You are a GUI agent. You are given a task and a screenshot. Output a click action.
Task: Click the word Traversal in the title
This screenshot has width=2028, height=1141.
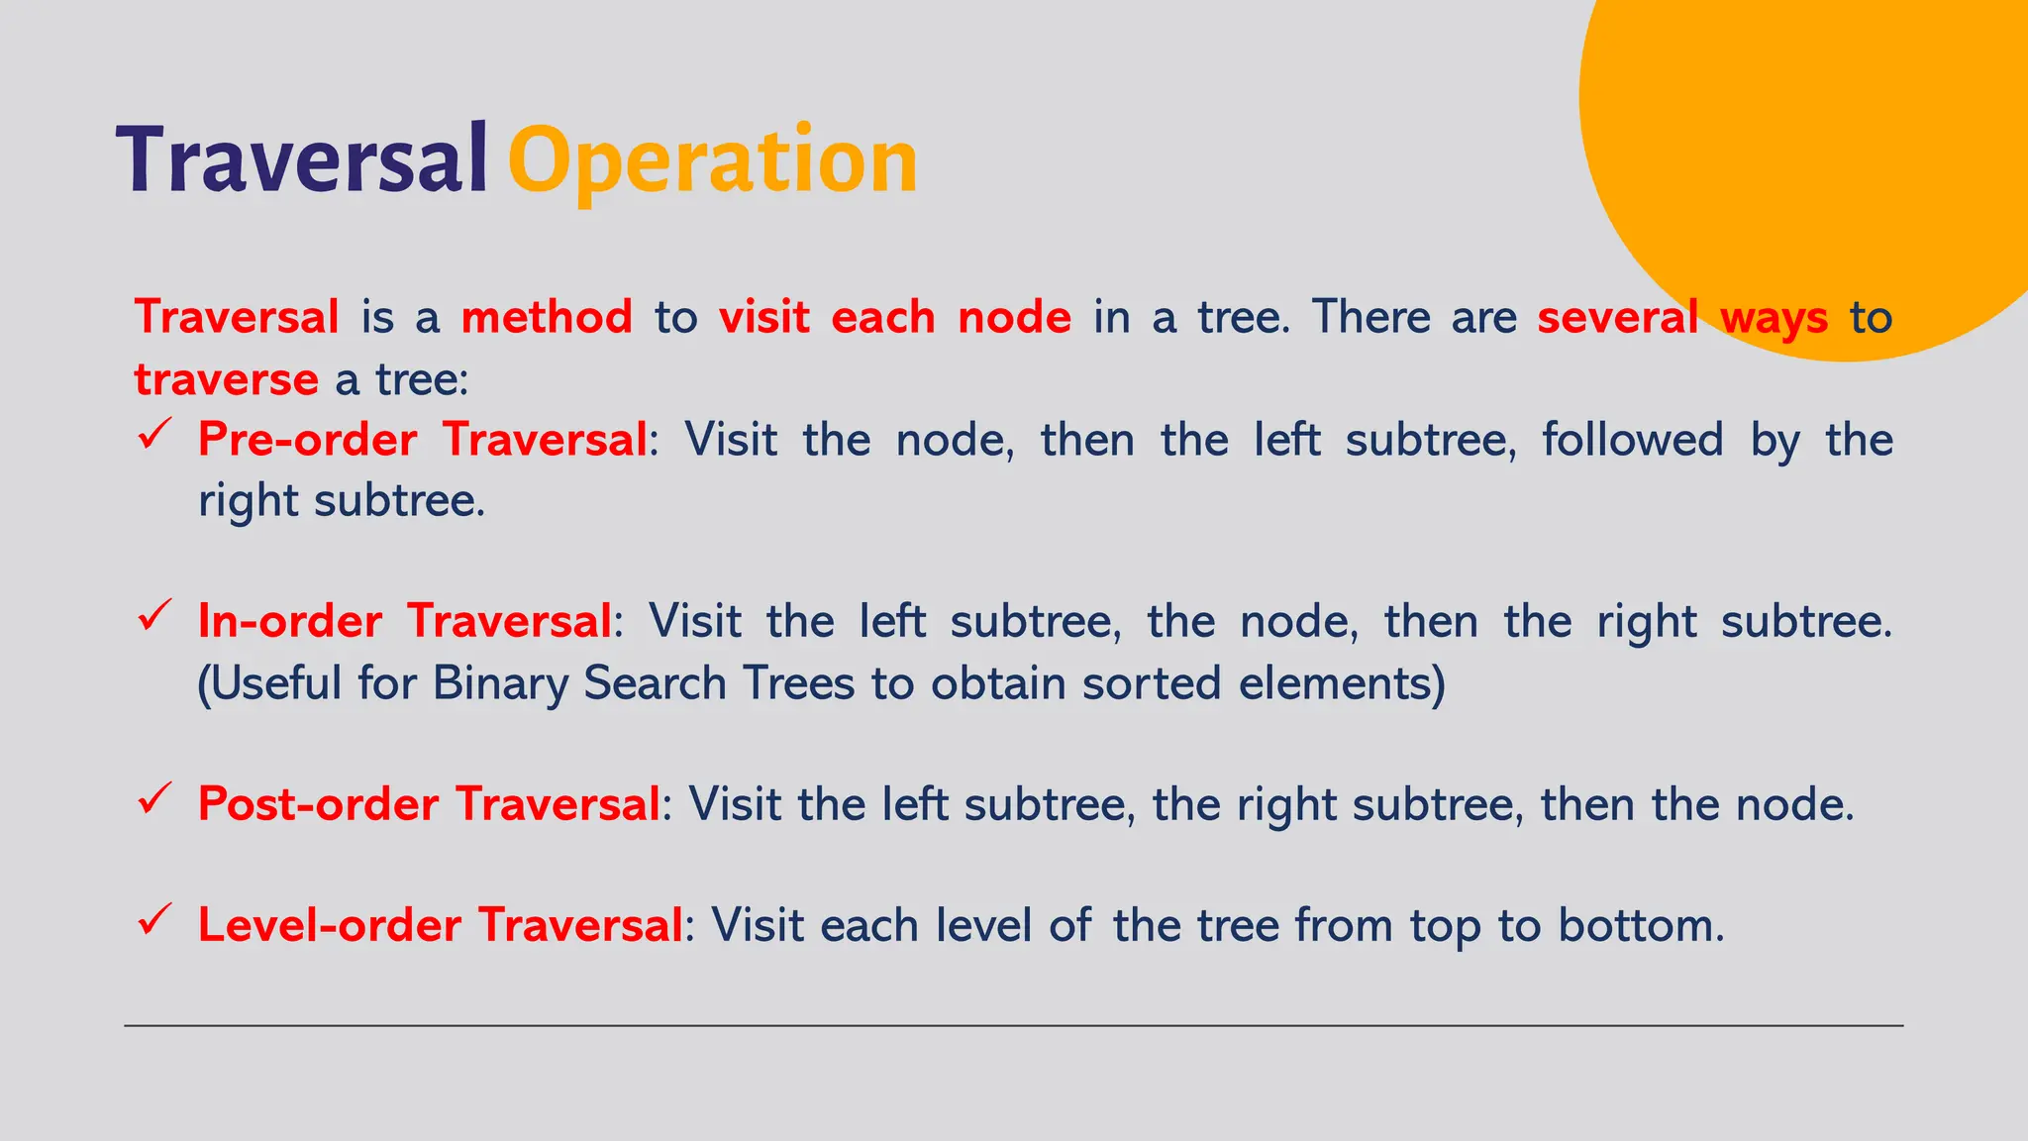pyautogui.click(x=302, y=160)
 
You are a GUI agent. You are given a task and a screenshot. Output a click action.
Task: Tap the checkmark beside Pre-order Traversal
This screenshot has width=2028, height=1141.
pyautogui.click(x=155, y=435)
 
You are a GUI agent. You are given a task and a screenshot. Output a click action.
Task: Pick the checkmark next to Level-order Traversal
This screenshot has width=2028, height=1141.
pyautogui.click(x=155, y=920)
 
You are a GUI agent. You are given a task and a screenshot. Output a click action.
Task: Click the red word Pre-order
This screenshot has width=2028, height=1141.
pyautogui.click(x=307, y=440)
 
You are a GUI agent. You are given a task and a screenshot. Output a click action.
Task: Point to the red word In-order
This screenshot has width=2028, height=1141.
pyautogui.click(x=289, y=622)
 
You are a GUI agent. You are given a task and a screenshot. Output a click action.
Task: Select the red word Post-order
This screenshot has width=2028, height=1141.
pyautogui.click(x=318, y=804)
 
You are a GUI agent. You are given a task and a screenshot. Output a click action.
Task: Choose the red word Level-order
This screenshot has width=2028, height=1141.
pyautogui.click(x=329, y=926)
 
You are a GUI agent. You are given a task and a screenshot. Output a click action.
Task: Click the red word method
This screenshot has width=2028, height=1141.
pyautogui.click(x=547, y=318)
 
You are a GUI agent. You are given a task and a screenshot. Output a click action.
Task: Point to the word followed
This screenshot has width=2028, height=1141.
pyautogui.click(x=1633, y=440)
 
